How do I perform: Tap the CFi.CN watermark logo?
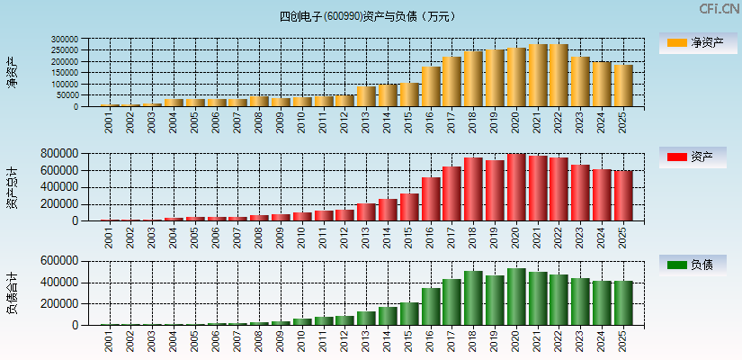tap(719, 9)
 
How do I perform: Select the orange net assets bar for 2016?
tap(431, 86)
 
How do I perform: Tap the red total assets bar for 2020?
tap(516, 187)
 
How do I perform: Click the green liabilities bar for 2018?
tap(473, 298)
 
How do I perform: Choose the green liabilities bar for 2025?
tap(623, 303)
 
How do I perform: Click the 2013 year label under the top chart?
tap(366, 121)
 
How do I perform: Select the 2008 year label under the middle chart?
tap(259, 236)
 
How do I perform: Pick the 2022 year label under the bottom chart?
tap(559, 340)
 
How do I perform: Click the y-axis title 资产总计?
tap(12, 187)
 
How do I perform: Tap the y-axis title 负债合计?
tap(12, 293)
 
